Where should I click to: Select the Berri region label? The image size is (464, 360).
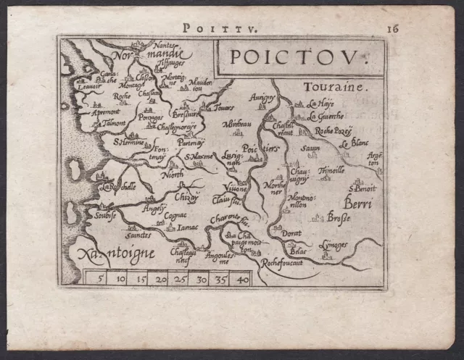coord(359,205)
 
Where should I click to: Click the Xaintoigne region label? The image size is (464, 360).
coord(107,254)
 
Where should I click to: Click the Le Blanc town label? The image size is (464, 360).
coord(355,143)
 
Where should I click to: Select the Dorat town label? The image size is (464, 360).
coord(291,233)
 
